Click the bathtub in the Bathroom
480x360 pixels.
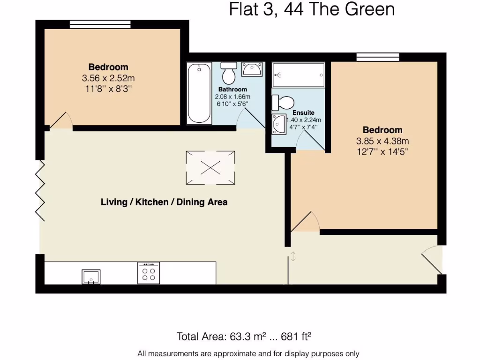(199, 94)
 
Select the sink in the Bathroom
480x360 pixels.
(252, 70)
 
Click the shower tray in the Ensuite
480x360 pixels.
(298, 75)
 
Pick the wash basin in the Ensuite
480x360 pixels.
(279, 124)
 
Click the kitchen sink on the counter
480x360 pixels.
(91, 277)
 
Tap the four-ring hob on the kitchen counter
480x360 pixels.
(149, 273)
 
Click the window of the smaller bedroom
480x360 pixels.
(100, 24)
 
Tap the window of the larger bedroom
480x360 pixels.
(378, 57)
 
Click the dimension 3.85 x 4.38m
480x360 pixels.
(382, 141)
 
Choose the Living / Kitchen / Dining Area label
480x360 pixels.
(164, 202)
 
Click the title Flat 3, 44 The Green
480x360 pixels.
(312, 9)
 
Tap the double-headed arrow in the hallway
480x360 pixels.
(293, 256)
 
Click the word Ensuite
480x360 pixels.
(303, 112)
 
